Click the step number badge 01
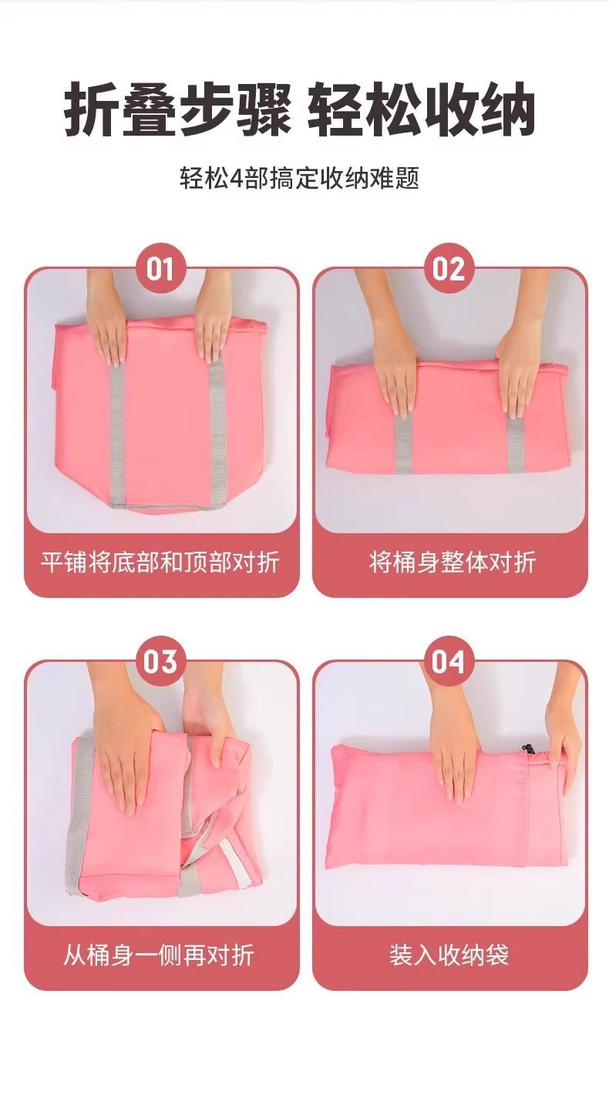click(x=161, y=269)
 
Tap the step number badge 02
click(x=449, y=269)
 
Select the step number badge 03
click(x=161, y=662)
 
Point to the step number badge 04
click(x=449, y=662)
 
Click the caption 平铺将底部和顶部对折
click(x=161, y=562)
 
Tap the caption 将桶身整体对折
click(x=453, y=562)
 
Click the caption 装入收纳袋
click(x=449, y=955)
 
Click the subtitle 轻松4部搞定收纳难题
click(x=300, y=178)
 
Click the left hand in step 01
click(x=107, y=319)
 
